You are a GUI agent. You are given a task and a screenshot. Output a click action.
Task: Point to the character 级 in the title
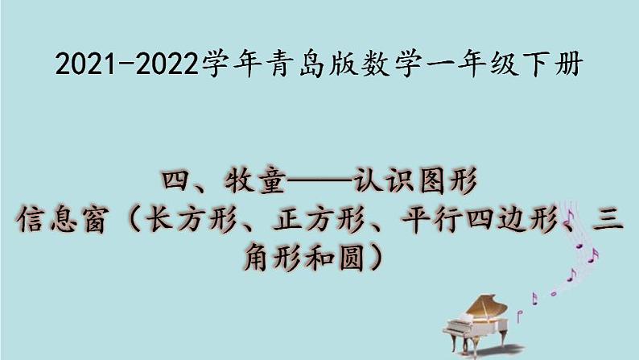point(505,64)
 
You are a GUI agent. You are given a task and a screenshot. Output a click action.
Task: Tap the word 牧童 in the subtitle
point(255,180)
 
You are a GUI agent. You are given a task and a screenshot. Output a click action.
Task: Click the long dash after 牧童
point(319,180)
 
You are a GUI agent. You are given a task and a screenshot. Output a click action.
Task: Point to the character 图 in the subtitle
point(431,180)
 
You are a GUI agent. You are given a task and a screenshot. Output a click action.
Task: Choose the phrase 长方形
point(192,219)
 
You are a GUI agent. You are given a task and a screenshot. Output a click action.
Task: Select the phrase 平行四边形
point(480,219)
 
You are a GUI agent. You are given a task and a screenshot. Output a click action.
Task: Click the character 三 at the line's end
point(608,219)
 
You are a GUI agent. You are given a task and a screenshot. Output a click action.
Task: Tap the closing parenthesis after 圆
point(375,258)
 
